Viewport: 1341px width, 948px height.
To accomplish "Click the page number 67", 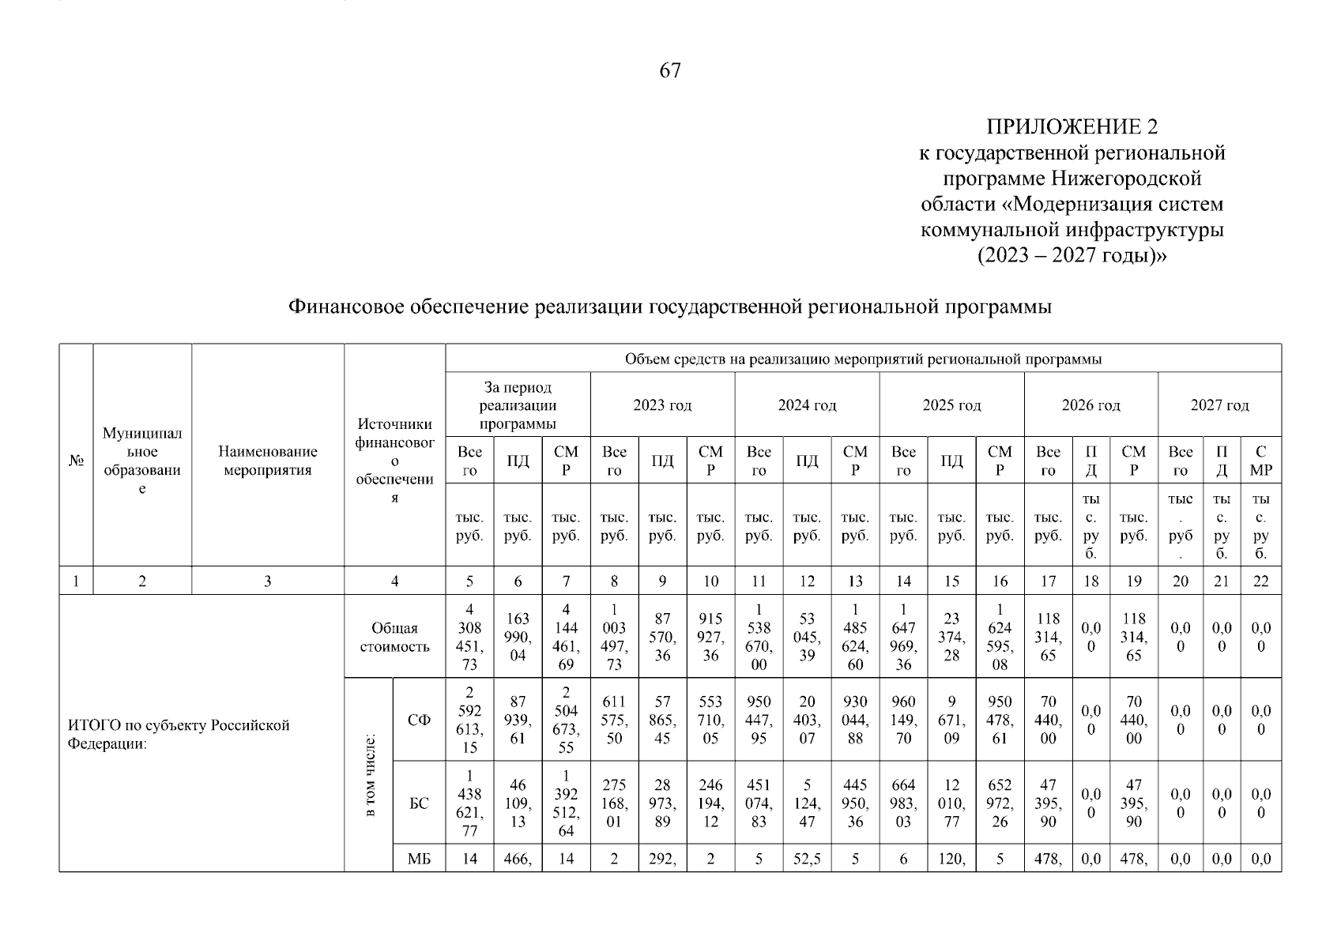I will (x=669, y=71).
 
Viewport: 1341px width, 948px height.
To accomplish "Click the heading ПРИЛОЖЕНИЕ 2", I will (x=1071, y=127).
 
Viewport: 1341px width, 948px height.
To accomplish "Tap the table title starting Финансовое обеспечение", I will (x=669, y=307).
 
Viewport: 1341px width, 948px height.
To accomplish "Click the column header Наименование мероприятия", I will (x=267, y=461).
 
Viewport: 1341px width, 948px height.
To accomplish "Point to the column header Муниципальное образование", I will (x=142, y=461).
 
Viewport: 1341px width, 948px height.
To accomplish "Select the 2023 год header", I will (x=662, y=405).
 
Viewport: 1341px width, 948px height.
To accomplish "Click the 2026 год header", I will (x=1091, y=405).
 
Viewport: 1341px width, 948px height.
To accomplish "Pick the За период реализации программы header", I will (x=518, y=406).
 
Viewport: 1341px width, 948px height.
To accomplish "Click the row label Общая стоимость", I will (x=394, y=638).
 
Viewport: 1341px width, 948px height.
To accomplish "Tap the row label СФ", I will (x=419, y=720).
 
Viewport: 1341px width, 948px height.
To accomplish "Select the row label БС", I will (x=419, y=804).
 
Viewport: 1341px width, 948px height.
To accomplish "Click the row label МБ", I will (x=419, y=860).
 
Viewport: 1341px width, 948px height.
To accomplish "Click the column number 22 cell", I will (x=1260, y=581).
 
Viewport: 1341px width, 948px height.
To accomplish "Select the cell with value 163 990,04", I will (x=518, y=637).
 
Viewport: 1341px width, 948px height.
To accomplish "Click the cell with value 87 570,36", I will (x=662, y=637).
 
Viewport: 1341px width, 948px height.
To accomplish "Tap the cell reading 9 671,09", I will (x=951, y=720).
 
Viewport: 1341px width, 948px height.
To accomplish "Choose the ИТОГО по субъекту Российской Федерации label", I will (x=179, y=734).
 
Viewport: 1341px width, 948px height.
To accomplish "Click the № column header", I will (x=76, y=461).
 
